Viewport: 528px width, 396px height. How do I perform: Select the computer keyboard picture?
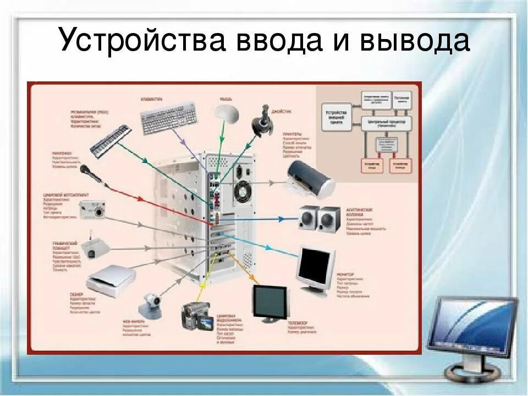tap(169, 118)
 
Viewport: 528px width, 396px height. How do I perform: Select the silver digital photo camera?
tap(92, 209)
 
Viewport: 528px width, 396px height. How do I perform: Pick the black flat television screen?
tap(271, 303)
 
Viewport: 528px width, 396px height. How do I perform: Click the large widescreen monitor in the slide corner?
tap(472, 330)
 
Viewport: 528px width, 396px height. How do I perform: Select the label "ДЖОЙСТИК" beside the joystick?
tap(282, 111)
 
